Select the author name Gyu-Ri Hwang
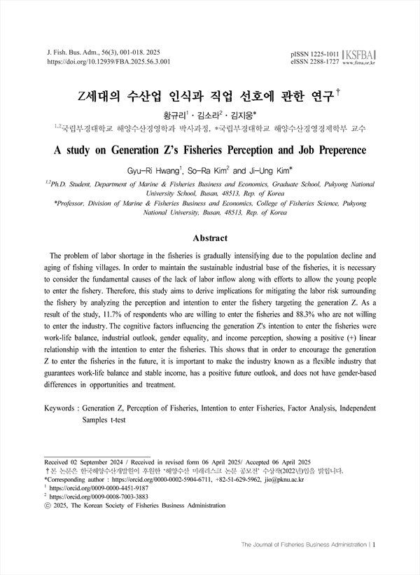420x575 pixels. coord(156,169)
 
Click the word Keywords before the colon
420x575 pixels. coord(59,408)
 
